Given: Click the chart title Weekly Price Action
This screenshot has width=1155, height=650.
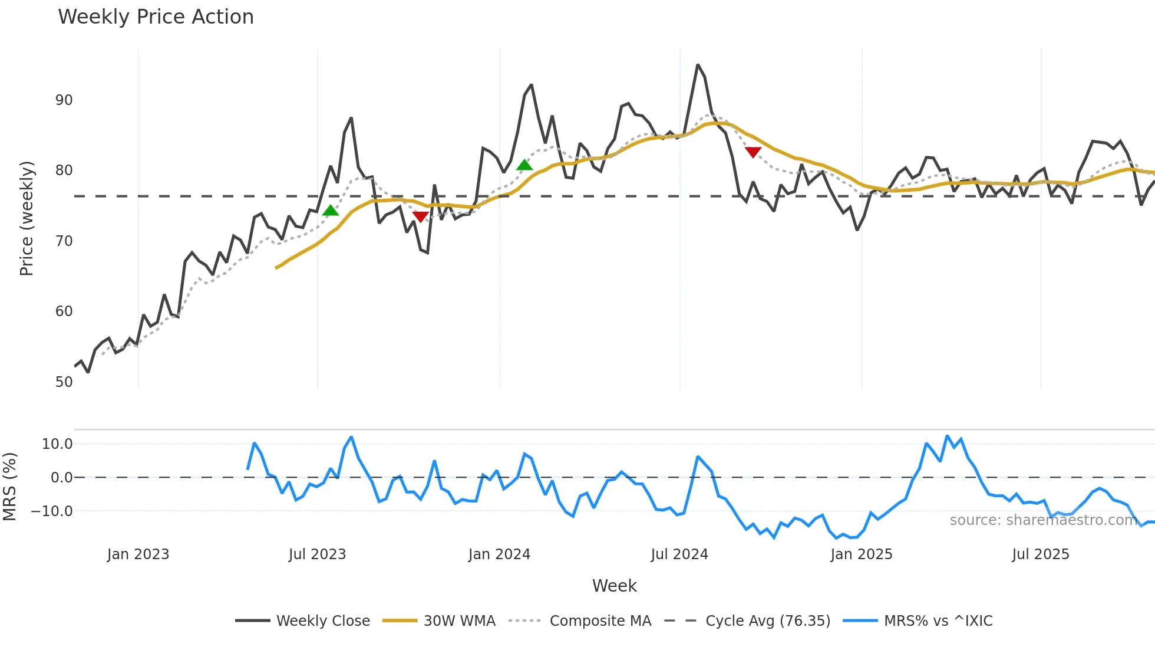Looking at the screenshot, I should click(x=156, y=17).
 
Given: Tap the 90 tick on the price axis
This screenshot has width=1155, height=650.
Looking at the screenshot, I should click(x=64, y=100).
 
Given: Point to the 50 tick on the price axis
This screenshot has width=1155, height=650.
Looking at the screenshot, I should click(x=64, y=382).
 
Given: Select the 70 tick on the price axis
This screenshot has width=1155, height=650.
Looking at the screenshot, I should click(x=64, y=241).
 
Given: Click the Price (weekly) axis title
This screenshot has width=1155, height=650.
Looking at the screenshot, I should click(x=27, y=218).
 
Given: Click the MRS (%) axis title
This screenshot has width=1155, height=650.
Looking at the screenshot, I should click(x=9, y=487).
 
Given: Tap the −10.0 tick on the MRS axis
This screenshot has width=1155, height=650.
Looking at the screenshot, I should click(x=52, y=511).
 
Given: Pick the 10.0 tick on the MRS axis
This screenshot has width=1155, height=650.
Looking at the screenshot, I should click(x=57, y=444).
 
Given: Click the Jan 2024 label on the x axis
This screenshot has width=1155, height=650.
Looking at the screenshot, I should click(x=499, y=554).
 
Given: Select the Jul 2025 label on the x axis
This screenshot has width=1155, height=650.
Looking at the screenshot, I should click(x=1040, y=554).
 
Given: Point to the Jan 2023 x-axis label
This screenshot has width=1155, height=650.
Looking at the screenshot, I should click(x=138, y=554).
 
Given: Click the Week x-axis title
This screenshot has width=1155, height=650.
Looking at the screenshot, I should click(x=614, y=586).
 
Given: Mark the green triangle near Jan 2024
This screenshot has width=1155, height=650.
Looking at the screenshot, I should click(x=524, y=165).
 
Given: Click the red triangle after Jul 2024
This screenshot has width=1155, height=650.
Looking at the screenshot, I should click(x=753, y=152).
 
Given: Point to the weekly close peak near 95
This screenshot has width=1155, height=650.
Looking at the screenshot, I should click(x=698, y=65).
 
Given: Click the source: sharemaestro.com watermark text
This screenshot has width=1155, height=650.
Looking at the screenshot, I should click(x=1043, y=520).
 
